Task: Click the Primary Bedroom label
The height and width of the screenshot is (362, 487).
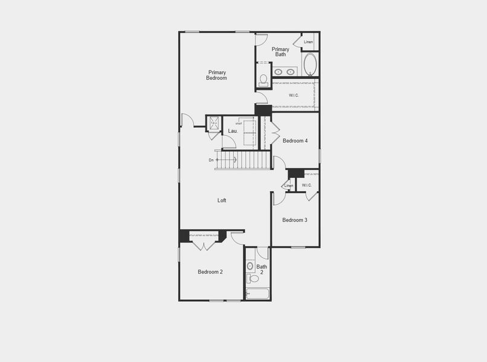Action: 216,75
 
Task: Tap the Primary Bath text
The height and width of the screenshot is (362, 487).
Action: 280,52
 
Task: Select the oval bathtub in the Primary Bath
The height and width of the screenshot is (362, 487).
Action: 310,65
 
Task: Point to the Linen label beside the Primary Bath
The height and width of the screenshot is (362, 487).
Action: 308,42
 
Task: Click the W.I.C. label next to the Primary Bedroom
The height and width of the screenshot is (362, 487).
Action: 294,95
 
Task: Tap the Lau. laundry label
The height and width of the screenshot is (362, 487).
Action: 233,131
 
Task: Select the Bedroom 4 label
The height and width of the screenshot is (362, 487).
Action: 295,141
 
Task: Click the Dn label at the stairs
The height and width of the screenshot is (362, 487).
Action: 211,160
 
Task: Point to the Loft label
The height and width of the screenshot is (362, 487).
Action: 222,200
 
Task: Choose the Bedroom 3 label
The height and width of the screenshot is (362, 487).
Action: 295,220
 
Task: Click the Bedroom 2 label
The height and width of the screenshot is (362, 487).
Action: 210,272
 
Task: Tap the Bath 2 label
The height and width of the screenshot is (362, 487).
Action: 262,269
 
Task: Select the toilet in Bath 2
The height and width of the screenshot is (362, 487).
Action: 252,278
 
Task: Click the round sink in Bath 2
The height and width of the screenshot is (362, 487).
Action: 251,265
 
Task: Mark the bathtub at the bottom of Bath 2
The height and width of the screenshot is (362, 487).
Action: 258,294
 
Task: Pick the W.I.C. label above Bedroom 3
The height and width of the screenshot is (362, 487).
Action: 306,185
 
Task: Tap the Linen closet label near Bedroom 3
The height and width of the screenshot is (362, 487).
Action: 289,186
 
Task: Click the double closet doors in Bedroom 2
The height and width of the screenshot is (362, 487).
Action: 204,245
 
